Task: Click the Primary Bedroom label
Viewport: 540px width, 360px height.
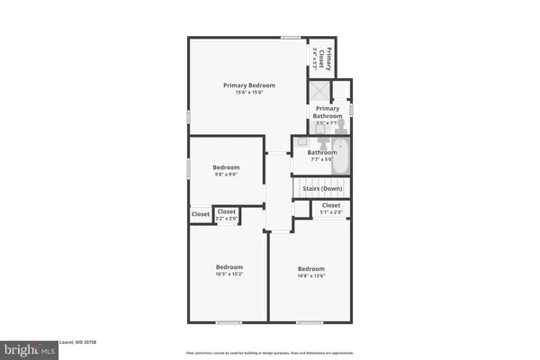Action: (x=249, y=85)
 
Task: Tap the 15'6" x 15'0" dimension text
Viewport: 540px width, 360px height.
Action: (x=249, y=93)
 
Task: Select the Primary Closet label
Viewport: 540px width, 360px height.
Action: (x=328, y=58)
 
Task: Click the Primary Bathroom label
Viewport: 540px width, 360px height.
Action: (x=328, y=112)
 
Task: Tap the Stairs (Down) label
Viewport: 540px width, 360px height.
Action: (x=321, y=189)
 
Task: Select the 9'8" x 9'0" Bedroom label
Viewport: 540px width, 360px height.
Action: (x=226, y=167)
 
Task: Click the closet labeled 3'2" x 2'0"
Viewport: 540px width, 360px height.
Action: (x=227, y=214)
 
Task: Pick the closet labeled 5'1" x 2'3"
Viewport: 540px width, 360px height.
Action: (x=330, y=208)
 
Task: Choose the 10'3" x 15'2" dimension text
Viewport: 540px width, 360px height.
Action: (x=229, y=274)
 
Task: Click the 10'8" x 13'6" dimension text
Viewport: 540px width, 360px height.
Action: (x=311, y=276)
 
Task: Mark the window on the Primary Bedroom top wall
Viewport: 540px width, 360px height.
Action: (x=290, y=37)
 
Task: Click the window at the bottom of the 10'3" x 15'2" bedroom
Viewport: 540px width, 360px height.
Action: (x=229, y=321)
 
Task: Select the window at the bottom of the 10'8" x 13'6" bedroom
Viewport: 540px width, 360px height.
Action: (x=310, y=321)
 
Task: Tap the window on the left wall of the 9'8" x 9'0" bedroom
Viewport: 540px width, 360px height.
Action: (x=188, y=168)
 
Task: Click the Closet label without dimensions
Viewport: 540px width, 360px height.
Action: (x=200, y=214)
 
